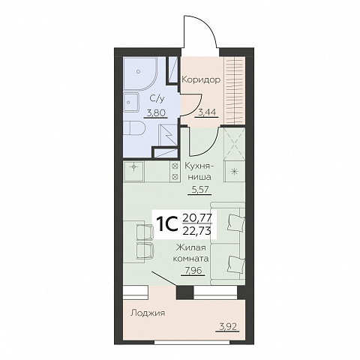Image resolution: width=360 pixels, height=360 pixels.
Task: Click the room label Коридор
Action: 201,80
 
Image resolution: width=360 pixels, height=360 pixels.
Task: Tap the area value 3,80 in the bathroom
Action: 156,113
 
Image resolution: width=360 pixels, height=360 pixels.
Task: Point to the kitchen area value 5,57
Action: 199,190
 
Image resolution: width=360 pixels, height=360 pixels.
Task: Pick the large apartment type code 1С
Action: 166,224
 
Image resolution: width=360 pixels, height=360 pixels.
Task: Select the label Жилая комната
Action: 190,253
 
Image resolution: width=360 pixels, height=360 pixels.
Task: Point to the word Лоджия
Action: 148,313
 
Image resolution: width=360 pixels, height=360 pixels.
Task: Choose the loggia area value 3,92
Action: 227,327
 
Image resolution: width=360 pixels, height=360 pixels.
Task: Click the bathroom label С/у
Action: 157,99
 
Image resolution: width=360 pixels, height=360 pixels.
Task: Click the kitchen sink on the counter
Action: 133,171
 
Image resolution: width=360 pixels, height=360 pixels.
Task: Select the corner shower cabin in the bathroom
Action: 140,74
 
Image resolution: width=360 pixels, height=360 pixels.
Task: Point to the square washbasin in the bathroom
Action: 131,103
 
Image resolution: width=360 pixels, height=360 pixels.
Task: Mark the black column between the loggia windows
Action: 185,292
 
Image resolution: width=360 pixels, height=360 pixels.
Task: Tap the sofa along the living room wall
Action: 228,243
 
